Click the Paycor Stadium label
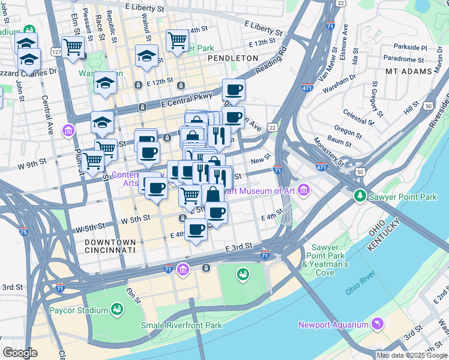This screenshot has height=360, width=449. [80, 310]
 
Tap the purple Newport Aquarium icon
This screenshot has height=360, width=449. [378, 325]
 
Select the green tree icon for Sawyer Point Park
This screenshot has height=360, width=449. [360, 196]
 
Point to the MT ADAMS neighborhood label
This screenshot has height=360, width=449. [409, 71]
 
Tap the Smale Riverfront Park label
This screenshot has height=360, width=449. [181, 325]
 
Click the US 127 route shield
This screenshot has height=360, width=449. [56, 52]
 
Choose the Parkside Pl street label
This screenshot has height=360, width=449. [410, 47]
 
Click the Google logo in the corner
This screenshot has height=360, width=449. [20, 353]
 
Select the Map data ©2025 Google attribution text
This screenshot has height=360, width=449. [412, 355]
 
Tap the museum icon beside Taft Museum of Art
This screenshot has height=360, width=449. [304, 191]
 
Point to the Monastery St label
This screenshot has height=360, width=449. [328, 152]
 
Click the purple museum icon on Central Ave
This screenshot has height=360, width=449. [68, 130]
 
